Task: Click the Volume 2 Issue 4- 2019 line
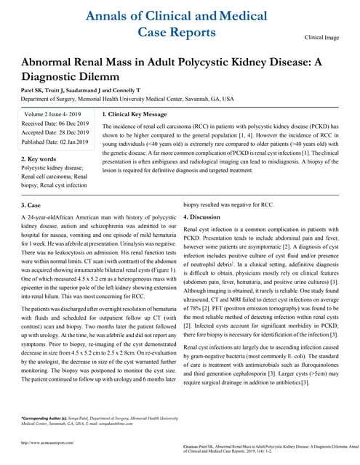[53, 115]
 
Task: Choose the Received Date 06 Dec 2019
[55, 124]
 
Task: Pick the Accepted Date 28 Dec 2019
[55, 133]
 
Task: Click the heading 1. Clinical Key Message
[135, 115]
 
